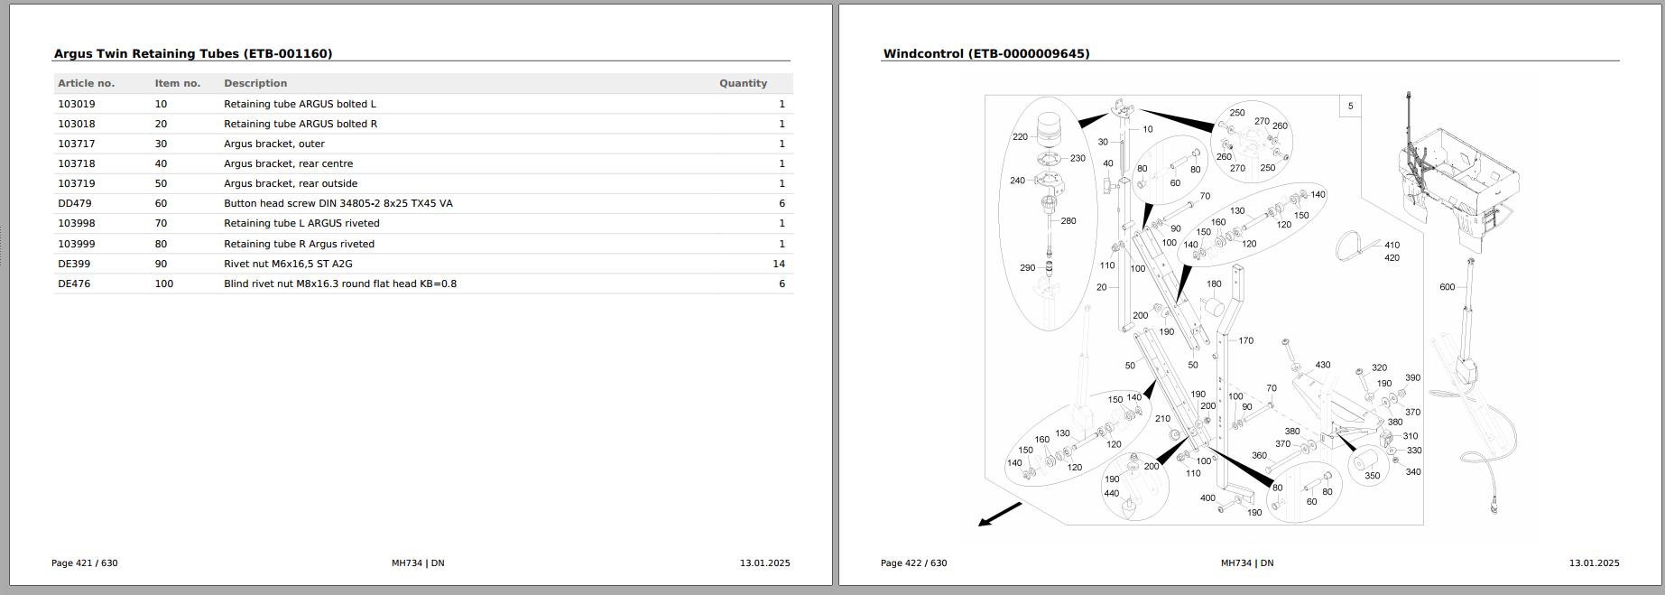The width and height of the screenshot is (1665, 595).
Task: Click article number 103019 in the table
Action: tap(77, 104)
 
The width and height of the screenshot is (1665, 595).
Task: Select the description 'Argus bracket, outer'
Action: tap(274, 144)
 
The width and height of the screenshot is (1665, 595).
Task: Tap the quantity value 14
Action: tap(778, 264)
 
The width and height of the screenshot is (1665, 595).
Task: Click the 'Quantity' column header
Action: tap(743, 83)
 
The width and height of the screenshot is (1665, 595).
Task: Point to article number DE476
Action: tap(74, 284)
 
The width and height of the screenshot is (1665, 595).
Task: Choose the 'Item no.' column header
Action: tap(178, 83)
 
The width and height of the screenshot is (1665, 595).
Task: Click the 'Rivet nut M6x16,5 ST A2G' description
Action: tap(288, 264)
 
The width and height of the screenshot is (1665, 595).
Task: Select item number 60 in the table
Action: tap(161, 203)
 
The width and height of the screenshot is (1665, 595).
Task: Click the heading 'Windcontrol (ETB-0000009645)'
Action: tap(986, 54)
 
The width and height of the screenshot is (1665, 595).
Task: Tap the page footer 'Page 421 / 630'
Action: tap(85, 562)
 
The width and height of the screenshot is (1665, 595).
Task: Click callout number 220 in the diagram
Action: tap(1020, 137)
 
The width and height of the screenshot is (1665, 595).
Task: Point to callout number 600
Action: tap(1447, 287)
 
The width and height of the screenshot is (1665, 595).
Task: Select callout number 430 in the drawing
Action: tap(1322, 365)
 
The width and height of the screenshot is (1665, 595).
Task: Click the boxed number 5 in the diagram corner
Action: tap(1350, 107)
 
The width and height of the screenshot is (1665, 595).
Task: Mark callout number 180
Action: tap(1214, 284)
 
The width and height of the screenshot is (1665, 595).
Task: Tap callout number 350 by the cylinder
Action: tap(1372, 476)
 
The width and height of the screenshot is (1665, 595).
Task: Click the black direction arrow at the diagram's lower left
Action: tap(999, 515)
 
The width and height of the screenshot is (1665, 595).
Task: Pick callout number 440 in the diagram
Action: tap(1112, 494)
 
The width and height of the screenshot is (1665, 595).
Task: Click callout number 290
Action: tap(1027, 267)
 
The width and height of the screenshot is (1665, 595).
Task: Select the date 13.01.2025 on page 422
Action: tap(1594, 562)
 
